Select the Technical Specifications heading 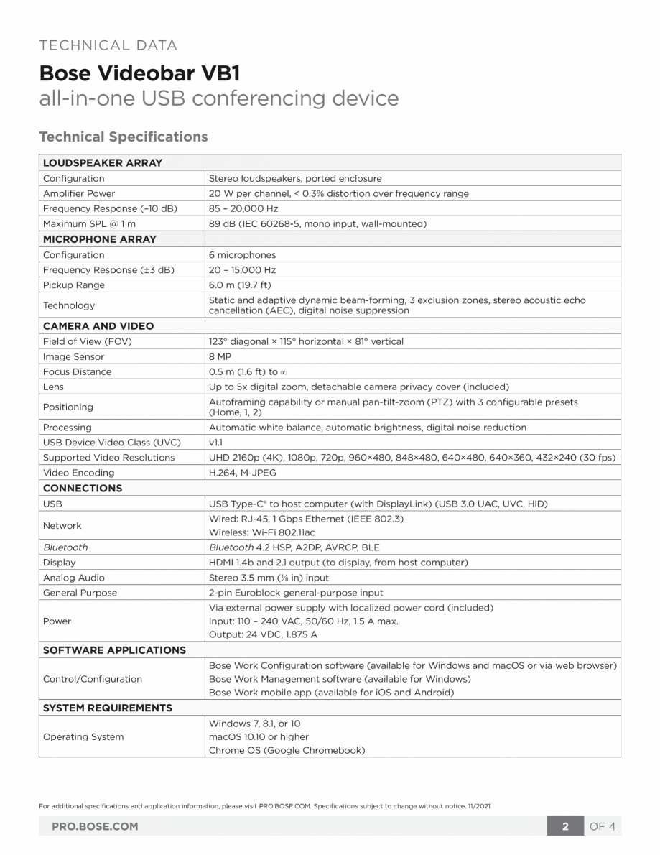click(123, 137)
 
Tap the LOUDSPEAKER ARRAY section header click(102, 162)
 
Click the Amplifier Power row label click(79, 193)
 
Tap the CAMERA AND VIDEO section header click(98, 325)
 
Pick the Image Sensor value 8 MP click(219, 356)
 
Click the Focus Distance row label click(77, 371)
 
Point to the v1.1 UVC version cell click(215, 442)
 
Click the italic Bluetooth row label click(65, 547)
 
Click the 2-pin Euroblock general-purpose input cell click(296, 593)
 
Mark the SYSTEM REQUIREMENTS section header click(108, 708)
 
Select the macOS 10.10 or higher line click(259, 736)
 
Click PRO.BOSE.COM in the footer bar click(95, 826)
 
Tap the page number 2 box click(565, 826)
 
